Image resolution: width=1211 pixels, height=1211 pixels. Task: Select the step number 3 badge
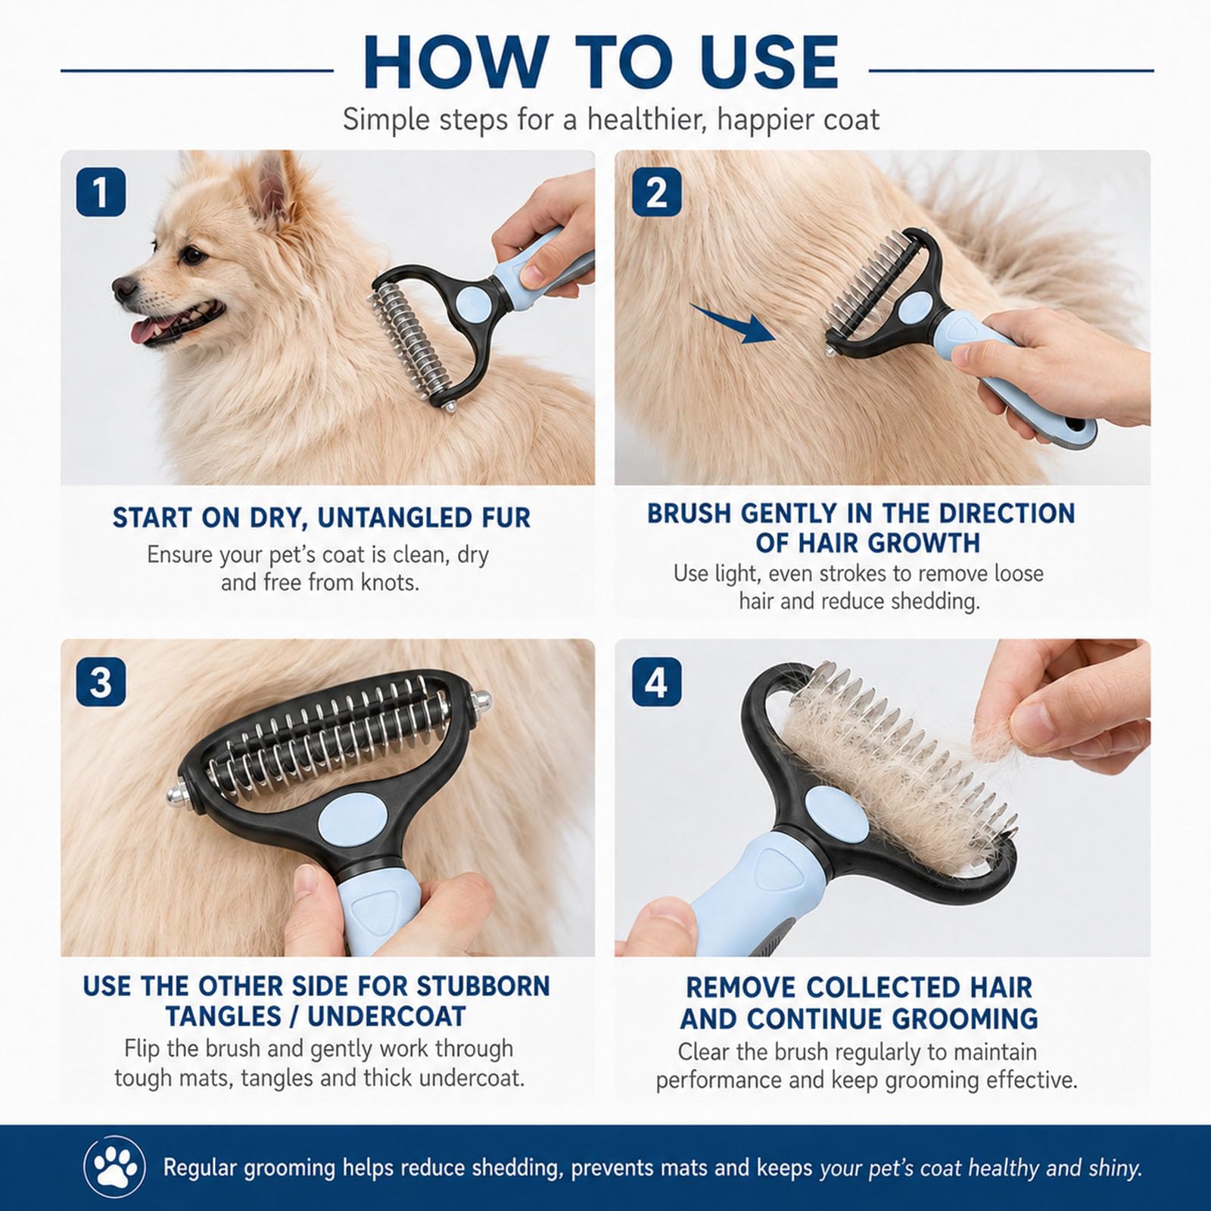101,682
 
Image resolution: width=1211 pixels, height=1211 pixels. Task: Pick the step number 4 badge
656,682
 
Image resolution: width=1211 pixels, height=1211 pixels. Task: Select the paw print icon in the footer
115,1167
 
